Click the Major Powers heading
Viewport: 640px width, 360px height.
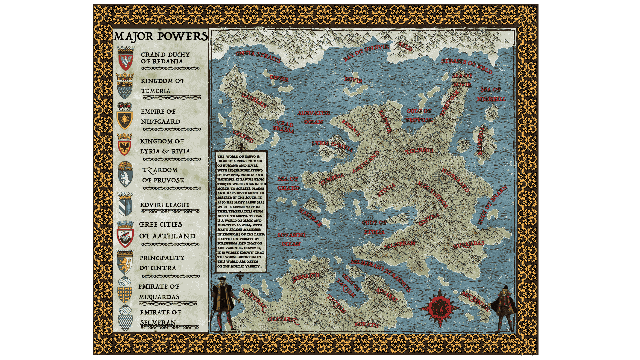point(161,37)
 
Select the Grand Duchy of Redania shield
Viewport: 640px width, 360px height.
point(126,59)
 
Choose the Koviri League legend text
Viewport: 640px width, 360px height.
point(165,205)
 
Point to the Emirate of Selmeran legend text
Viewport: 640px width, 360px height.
point(160,317)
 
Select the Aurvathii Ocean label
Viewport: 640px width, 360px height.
point(314,117)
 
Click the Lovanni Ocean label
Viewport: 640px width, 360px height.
point(291,239)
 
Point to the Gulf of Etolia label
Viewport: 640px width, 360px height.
point(374,227)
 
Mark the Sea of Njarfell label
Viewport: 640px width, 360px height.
point(491,94)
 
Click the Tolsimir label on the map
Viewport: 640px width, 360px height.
point(420,151)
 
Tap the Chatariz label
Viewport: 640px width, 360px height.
point(283,319)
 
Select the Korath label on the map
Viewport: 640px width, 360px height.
point(367,324)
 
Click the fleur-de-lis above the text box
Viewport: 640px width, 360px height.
point(242,146)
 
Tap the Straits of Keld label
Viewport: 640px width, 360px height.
point(466,66)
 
